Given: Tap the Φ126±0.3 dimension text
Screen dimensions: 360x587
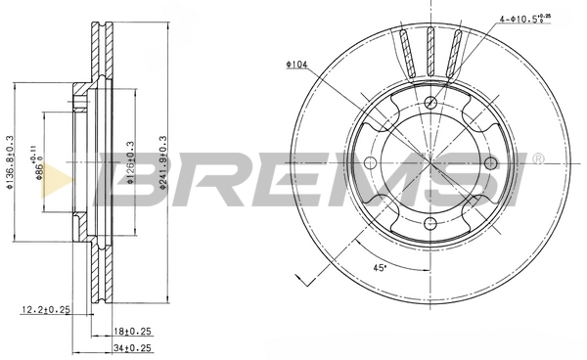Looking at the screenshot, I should (129, 162).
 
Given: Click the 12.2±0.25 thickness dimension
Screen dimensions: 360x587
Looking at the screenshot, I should (45, 310).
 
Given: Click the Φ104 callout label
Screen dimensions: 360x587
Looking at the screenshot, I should (297, 64).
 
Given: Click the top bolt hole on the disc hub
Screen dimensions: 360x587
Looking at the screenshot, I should (430, 102).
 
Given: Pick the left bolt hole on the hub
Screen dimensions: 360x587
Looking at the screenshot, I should (369, 163).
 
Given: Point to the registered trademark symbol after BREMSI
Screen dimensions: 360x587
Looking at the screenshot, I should (538, 156).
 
